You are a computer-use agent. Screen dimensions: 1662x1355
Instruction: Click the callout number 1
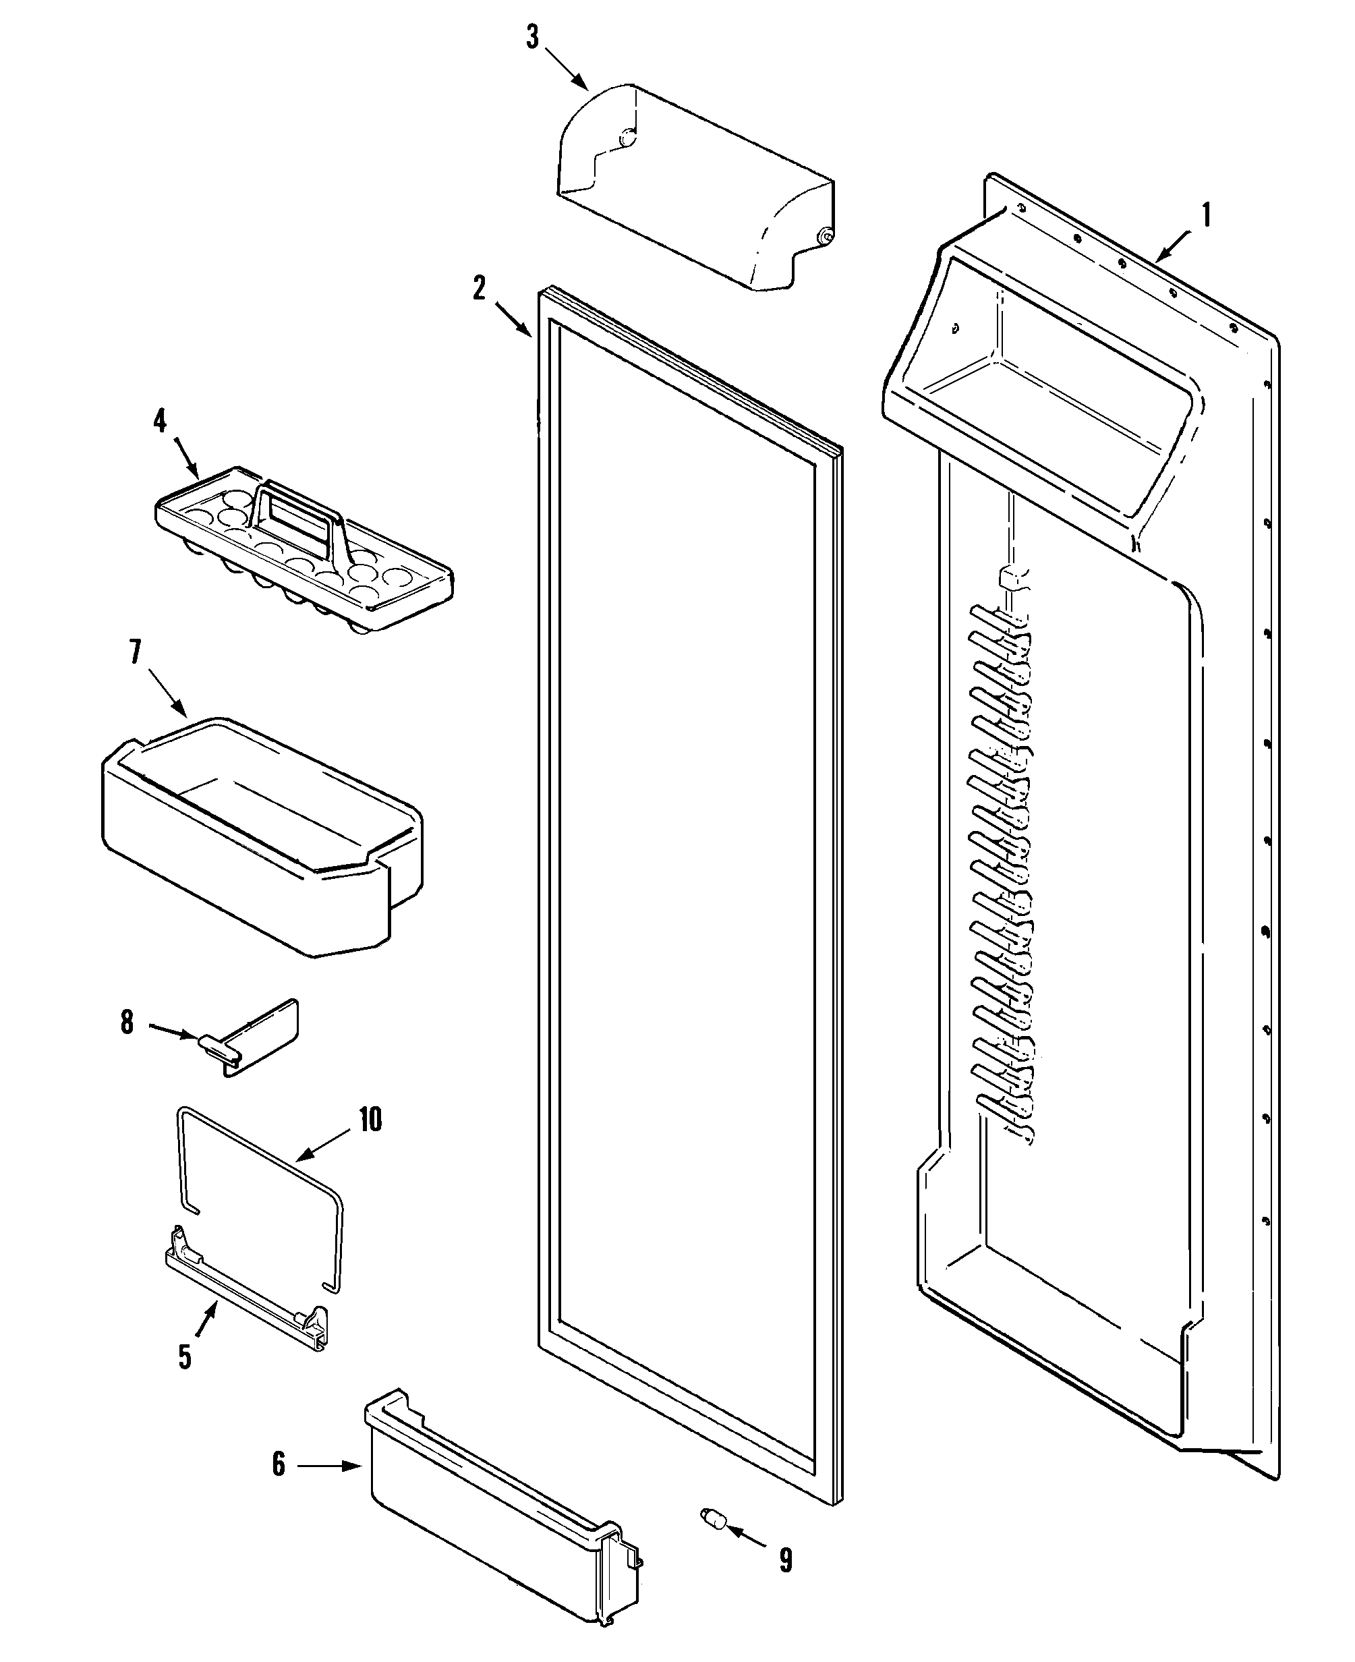coord(1206,214)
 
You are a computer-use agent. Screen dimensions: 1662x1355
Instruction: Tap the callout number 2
coord(480,288)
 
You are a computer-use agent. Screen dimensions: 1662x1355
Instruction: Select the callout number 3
coord(532,36)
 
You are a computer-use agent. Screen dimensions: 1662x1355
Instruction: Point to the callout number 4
coord(160,422)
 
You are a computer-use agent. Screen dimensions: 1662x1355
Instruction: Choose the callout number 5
coord(185,1356)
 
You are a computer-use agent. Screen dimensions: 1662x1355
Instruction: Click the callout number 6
coord(279,1464)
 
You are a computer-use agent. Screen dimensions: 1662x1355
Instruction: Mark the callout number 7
coord(136,652)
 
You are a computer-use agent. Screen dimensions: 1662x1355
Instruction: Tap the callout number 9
coord(786,1559)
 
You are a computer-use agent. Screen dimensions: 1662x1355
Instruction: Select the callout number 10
coord(370,1120)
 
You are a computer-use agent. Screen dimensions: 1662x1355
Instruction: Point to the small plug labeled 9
coord(714,1517)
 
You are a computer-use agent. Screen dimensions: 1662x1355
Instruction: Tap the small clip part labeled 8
coord(258,1038)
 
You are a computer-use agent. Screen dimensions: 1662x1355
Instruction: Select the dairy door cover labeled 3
coord(695,188)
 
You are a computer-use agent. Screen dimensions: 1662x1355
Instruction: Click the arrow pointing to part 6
coord(328,1466)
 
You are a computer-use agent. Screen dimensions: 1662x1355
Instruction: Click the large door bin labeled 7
coord(262,835)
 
